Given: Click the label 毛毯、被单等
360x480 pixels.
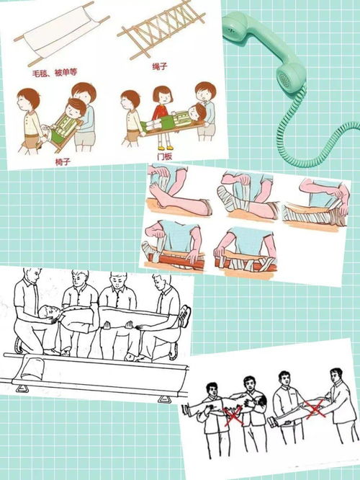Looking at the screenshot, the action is tap(55, 73).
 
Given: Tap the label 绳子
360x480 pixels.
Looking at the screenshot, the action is tap(160, 66).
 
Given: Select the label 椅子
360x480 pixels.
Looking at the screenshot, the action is tap(63, 161).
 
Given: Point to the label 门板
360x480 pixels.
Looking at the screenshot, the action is tap(165, 156).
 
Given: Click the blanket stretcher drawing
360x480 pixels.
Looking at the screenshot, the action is tap(61, 34).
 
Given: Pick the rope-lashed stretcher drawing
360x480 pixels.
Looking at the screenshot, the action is tap(161, 29).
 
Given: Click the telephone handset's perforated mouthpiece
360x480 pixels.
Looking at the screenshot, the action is tap(290, 74).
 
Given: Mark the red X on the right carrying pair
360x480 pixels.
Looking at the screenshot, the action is tap(315, 409).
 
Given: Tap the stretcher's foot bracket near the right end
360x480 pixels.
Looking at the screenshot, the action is tap(165, 399).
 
